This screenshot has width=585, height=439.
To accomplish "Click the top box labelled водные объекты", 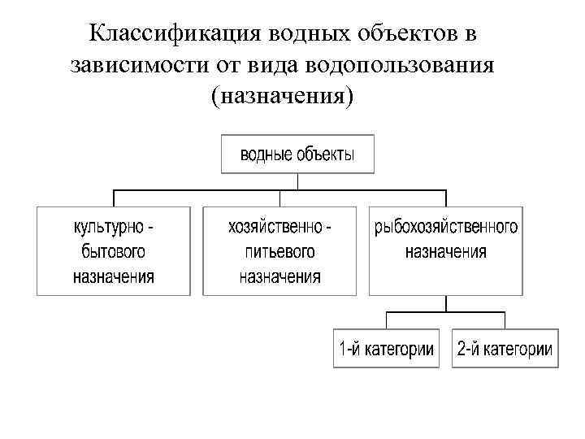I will tap(297, 154).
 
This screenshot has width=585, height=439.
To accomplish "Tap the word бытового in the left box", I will tap(113, 250).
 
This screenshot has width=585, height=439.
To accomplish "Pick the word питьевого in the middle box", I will tap(279, 250).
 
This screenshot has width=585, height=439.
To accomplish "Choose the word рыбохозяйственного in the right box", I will tap(446, 225).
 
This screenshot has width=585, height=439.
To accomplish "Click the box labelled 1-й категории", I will tap(386, 349).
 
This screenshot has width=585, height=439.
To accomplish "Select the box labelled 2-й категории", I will tap(504, 349).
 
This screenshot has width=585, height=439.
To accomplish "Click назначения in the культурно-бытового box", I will tap(113, 276).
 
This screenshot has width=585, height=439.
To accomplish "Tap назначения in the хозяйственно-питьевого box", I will tap(279, 276).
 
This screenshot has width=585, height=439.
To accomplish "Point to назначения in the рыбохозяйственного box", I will tap(446, 250).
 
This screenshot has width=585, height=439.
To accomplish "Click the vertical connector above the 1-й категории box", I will tap(388, 319).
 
